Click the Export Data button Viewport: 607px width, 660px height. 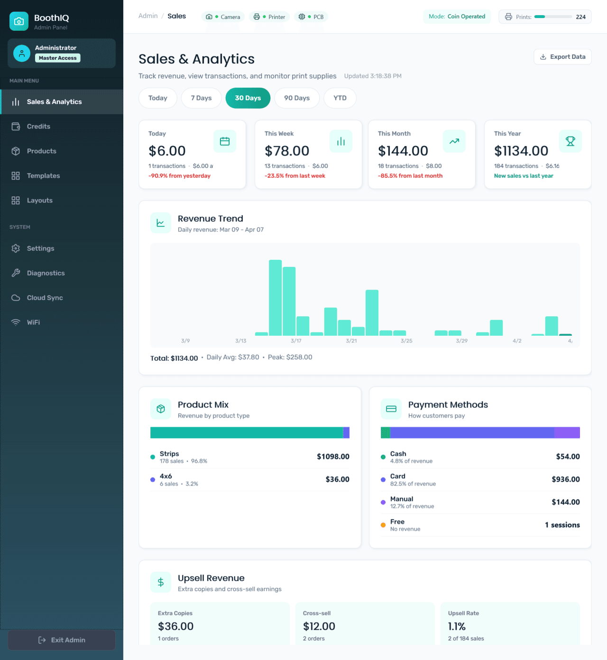click(x=562, y=57)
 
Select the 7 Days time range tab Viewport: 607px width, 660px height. click(x=201, y=98)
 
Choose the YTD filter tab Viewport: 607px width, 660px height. click(x=340, y=98)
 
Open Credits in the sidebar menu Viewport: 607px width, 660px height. click(x=38, y=127)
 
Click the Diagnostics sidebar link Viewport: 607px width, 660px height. click(x=46, y=273)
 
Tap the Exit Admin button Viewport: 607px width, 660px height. click(x=62, y=640)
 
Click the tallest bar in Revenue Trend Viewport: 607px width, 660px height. click(x=275, y=298)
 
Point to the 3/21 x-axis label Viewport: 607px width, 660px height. click(x=351, y=341)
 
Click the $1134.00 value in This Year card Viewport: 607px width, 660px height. click(x=521, y=151)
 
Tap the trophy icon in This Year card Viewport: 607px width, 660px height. click(x=570, y=141)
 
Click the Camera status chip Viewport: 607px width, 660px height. click(x=223, y=17)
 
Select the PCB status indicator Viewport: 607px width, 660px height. click(x=311, y=17)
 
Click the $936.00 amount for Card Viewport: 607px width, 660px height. click(x=565, y=479)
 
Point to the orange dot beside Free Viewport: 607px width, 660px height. click(x=383, y=525)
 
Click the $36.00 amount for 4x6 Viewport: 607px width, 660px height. click(x=337, y=479)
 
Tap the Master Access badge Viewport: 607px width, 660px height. click(x=57, y=58)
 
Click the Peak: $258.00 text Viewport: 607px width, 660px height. click(x=290, y=357)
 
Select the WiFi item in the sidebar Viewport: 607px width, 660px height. click(x=33, y=322)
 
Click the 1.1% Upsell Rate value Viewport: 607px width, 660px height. click(x=457, y=626)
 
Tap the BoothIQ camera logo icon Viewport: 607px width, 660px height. click(x=19, y=21)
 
